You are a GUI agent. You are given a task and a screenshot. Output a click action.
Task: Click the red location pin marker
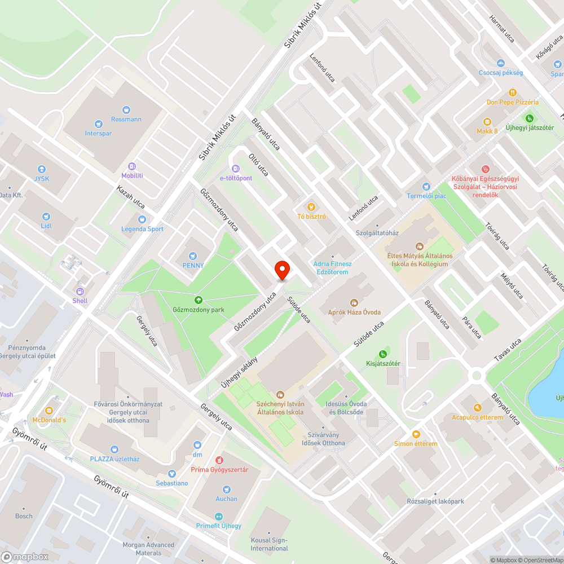pyautogui.click(x=281, y=270)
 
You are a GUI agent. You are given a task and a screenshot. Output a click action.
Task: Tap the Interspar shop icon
pyautogui.click(x=99, y=124)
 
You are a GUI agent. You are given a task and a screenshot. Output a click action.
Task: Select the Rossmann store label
pyautogui.click(x=126, y=119)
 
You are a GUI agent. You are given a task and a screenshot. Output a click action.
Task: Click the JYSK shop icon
pyautogui.click(x=41, y=169)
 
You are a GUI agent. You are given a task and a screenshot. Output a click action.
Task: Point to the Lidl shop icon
pyautogui.click(x=46, y=216)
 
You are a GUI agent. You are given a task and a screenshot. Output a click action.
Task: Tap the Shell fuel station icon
pyautogui.click(x=80, y=291)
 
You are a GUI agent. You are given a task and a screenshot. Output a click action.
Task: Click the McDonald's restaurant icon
pyautogui.click(x=49, y=410)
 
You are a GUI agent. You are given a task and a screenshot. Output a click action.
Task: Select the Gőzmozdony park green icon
pyautogui.click(x=198, y=300)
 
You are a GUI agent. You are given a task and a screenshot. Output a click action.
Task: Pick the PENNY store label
pyautogui.click(x=193, y=265)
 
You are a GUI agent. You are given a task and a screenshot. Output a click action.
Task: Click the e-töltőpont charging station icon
pyautogui.click(x=236, y=168)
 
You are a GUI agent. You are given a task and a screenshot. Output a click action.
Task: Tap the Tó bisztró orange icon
pyautogui.click(x=310, y=207)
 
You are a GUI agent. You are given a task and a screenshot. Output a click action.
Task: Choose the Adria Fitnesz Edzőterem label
pyautogui.click(x=333, y=267)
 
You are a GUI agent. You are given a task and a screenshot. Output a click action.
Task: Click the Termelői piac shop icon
pyautogui.click(x=426, y=186)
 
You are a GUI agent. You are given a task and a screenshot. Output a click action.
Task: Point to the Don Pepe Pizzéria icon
pyautogui.click(x=512, y=92)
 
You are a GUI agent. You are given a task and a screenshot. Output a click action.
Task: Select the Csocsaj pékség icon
pyautogui.click(x=500, y=63)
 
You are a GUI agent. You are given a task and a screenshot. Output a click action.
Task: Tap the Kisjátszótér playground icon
pyautogui.click(x=383, y=354)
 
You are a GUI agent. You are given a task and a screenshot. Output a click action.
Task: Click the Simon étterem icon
pyautogui.click(x=416, y=434)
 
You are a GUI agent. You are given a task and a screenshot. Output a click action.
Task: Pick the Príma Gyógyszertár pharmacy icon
pyautogui.click(x=219, y=460)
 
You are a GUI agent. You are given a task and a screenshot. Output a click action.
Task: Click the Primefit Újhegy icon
pyautogui.click(x=218, y=516)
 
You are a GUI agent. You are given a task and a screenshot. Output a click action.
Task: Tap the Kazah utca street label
pyautogui.click(x=131, y=197)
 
